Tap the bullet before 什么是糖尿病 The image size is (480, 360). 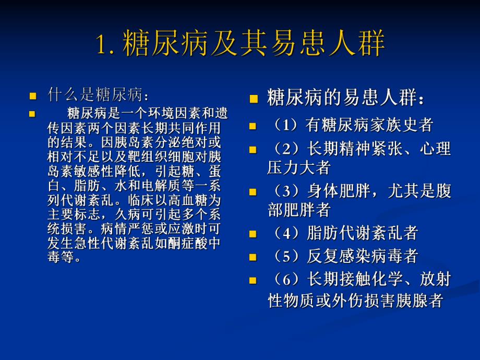33,96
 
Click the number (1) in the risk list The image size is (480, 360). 286,125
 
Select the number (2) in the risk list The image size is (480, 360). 286,149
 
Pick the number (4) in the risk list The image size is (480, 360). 286,232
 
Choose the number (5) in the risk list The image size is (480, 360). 286,256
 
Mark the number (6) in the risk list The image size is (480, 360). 286,280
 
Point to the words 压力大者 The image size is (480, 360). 299,168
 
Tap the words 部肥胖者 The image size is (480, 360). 299,210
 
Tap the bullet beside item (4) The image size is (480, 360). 253,233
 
